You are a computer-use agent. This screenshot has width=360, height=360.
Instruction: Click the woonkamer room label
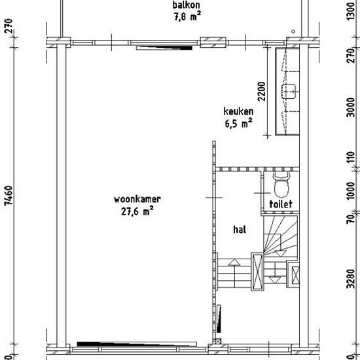click(137, 199)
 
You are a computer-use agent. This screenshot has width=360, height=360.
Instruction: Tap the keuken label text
click(238, 111)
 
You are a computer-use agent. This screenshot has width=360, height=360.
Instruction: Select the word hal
click(240, 229)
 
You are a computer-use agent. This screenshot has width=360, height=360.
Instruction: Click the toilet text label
click(281, 204)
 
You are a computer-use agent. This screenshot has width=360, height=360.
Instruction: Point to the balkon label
click(186, 5)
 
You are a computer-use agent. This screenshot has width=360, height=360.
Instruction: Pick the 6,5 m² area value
click(238, 123)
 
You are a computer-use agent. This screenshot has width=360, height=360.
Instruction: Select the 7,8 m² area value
click(187, 17)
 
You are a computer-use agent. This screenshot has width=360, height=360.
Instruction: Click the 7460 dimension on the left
click(9, 195)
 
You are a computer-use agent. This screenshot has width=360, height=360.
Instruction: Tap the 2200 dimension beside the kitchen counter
click(261, 92)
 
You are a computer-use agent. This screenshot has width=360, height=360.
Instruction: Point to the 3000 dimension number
click(351, 107)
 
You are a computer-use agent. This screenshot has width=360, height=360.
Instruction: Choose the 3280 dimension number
click(351, 278)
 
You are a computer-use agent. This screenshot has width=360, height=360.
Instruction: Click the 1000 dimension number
click(351, 191)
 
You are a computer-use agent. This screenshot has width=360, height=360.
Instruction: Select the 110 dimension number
click(351, 158)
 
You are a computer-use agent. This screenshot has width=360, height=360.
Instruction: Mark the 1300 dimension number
click(351, 11)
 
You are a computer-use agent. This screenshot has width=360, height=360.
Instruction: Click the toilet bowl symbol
click(281, 185)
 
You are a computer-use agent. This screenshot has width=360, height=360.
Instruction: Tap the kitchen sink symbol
click(289, 92)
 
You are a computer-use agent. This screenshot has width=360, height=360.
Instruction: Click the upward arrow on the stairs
click(234, 262)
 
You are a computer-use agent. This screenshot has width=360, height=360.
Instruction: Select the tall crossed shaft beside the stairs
click(257, 272)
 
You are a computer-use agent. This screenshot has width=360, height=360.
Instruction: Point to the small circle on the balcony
click(293, 31)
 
